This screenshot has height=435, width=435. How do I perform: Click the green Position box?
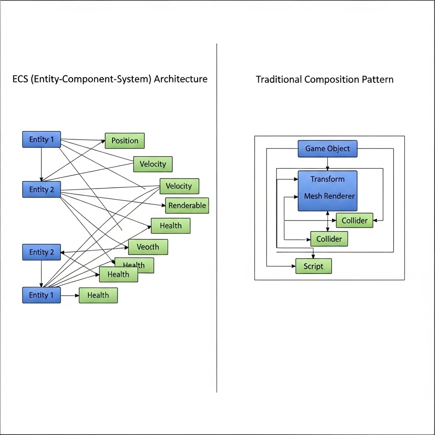(124, 141)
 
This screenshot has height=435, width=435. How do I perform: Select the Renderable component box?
(187, 206)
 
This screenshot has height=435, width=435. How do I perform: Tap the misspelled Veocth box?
(148, 247)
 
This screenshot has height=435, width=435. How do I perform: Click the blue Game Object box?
(327, 149)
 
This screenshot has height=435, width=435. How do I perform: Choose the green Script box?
(314, 266)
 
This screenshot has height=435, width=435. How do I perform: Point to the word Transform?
(327, 179)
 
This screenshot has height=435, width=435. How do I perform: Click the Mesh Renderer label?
(329, 196)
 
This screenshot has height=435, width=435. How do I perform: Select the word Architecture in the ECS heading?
(181, 79)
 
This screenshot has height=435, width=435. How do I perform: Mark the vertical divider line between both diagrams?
(217, 255)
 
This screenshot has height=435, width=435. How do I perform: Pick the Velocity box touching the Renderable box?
(179, 186)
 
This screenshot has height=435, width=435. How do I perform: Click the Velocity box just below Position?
(153, 164)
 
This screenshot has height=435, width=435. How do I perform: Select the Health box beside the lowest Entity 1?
(98, 295)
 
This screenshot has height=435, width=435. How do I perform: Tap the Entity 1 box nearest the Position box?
(41, 139)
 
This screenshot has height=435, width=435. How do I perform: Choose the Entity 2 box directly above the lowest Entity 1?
(41, 252)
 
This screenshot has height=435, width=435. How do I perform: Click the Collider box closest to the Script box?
(329, 239)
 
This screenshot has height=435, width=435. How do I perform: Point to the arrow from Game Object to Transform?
(327, 164)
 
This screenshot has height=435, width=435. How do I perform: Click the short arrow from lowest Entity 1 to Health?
(70, 295)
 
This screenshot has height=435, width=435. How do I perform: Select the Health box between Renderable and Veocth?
(170, 226)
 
